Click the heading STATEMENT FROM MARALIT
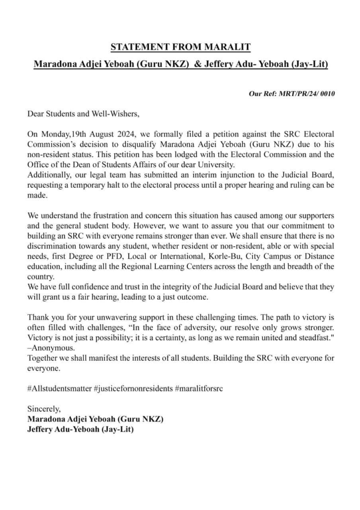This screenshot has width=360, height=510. pyautogui.click(x=180, y=48)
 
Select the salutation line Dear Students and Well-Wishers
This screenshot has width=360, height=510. pyautogui.click(x=84, y=114)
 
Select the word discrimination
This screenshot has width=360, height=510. pyautogui.click(x=50, y=246)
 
